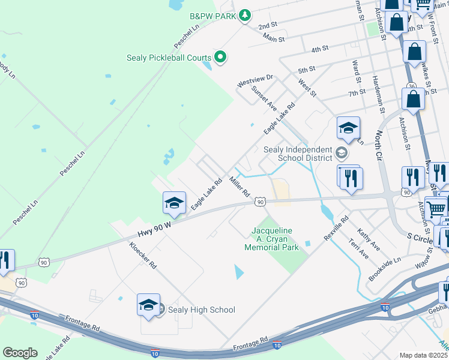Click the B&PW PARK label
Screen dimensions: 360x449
212,16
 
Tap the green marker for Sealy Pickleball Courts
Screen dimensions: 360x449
220,58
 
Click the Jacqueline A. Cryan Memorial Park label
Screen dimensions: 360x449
275,239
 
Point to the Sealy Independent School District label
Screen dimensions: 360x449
298,154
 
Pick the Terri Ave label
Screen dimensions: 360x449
358,248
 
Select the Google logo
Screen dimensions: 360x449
20,353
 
